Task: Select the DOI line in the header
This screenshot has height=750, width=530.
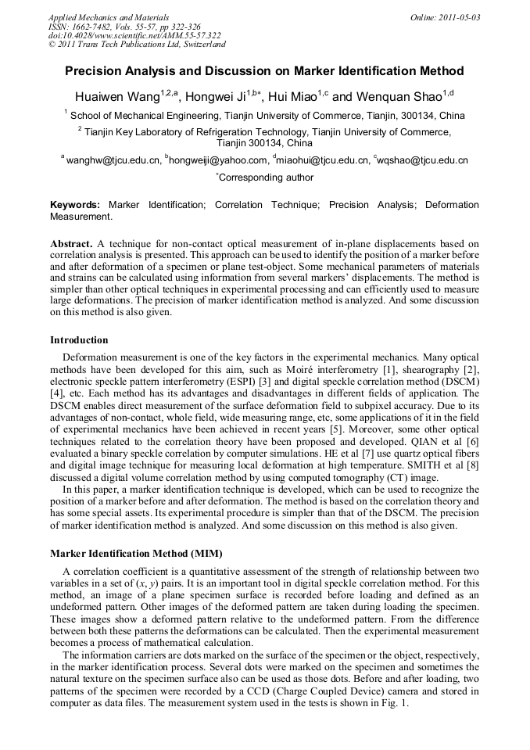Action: tap(134, 35)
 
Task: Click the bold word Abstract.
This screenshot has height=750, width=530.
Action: tap(71, 244)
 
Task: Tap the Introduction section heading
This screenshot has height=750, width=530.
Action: tap(79, 340)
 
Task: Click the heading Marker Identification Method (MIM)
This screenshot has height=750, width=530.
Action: tap(137, 554)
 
